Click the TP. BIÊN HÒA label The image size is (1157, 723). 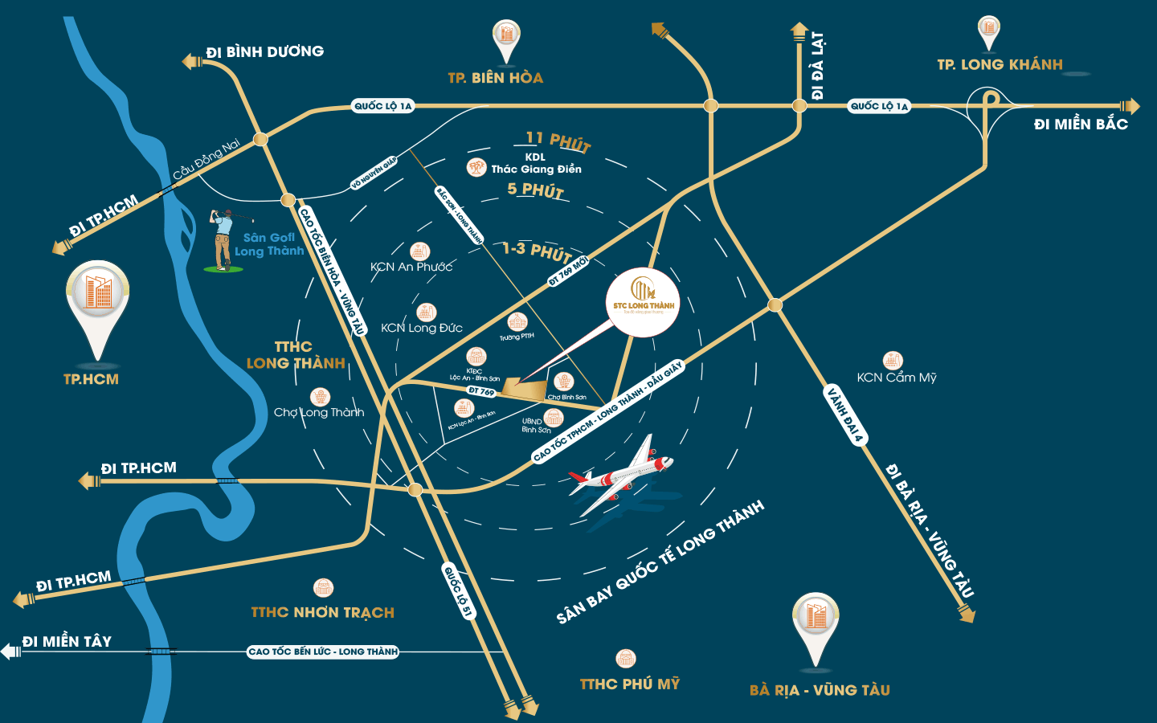pos(495,78)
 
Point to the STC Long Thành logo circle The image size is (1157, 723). pos(643,302)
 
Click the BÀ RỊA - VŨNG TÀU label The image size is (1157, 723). pos(820,690)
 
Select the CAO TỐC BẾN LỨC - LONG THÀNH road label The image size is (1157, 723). pos(323,652)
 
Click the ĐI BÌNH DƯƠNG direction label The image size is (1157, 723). pos(264,52)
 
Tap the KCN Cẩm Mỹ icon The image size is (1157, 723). pos(893,360)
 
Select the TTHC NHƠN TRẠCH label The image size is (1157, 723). pos(322,612)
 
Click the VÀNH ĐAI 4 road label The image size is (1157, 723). pos(845,415)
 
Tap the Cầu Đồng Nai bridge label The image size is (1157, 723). pos(206,159)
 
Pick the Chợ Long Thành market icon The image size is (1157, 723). pos(321,397)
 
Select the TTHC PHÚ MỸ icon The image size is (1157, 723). pos(625,659)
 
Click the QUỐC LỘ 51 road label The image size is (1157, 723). pos(458,591)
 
